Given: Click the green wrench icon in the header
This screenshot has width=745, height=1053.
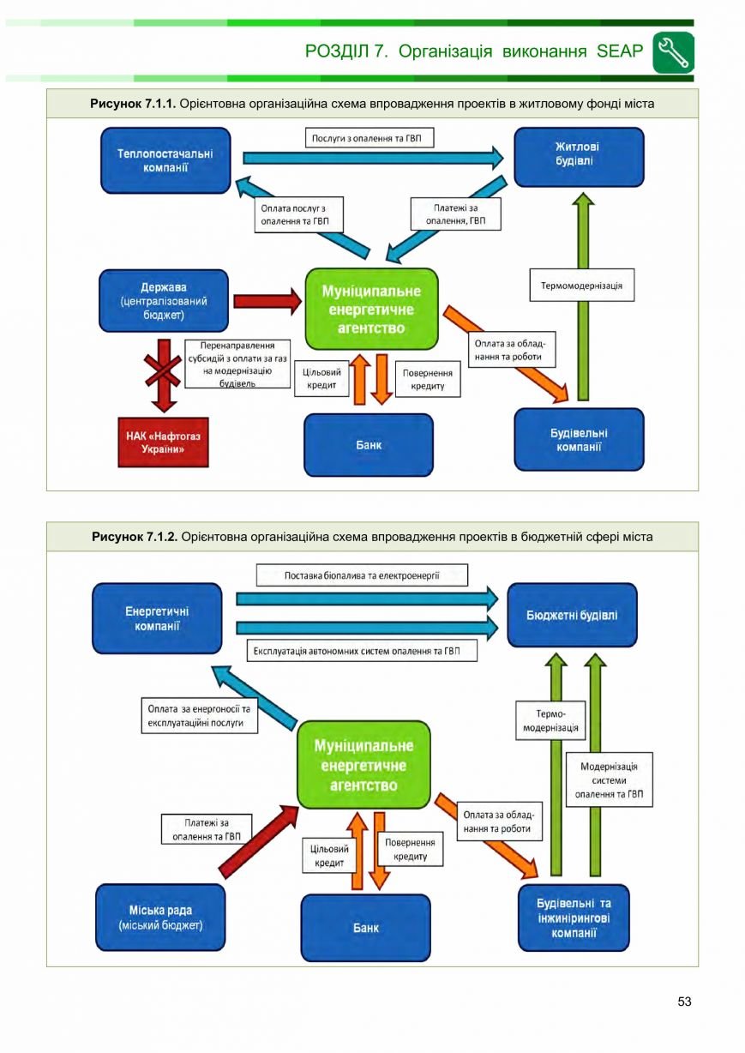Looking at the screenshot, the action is tap(673, 52).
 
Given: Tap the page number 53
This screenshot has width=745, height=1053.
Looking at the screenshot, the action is tap(684, 1002).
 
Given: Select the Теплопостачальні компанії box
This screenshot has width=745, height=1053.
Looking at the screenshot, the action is tap(165, 160).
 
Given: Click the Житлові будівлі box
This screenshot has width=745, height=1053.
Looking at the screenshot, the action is tap(579, 157).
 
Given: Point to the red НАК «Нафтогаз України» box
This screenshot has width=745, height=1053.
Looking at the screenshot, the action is tap(163, 442).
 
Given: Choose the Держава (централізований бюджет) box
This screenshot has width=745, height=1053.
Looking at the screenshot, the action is tap(164, 301).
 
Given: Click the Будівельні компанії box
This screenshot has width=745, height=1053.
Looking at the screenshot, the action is tap(579, 440).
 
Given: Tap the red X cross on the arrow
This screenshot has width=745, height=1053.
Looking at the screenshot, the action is tap(163, 370).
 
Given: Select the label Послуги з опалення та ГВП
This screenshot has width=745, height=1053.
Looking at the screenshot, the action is tap(369, 138).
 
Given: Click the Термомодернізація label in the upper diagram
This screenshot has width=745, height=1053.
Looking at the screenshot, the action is tap(582, 286).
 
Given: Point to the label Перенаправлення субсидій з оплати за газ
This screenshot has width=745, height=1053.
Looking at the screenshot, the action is tap(237, 364).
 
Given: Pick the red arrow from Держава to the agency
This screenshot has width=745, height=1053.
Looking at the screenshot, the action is tap(267, 301).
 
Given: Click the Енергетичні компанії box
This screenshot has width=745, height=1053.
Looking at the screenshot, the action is tap(157, 618).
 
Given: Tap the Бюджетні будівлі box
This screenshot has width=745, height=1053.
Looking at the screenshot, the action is tap(572, 615).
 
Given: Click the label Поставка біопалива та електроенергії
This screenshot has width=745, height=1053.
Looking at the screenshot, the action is tap(362, 575).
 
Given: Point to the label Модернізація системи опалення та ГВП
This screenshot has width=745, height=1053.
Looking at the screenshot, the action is tap(610, 779).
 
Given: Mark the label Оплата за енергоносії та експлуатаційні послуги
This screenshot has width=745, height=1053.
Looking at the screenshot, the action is tap(199, 715).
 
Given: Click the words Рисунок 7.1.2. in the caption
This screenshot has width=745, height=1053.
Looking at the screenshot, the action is tap(135, 537).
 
